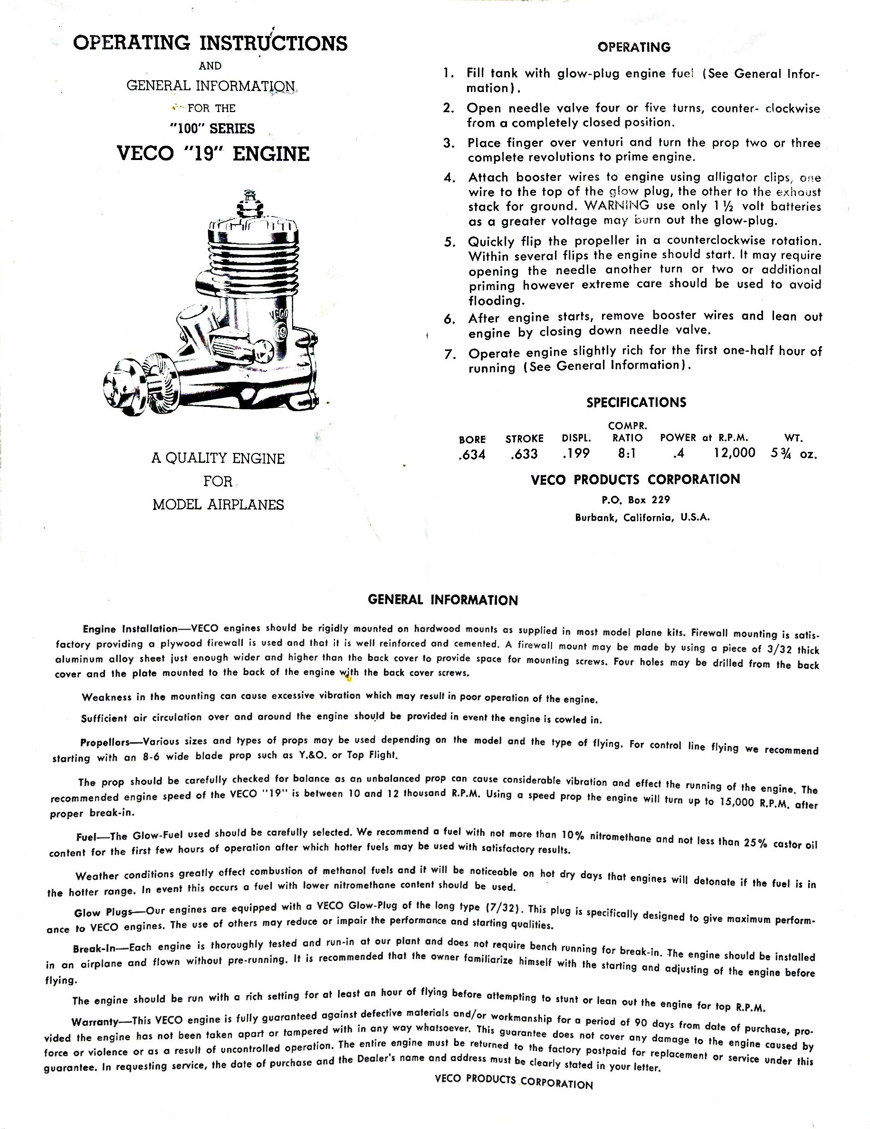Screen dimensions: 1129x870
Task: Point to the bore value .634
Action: click(472, 455)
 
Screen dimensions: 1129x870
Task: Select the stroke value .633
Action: click(524, 454)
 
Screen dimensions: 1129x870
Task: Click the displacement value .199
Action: click(576, 453)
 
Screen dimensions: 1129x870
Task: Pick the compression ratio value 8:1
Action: click(627, 453)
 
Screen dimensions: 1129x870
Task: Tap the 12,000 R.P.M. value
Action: click(734, 453)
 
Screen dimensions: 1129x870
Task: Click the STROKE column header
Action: click(524, 439)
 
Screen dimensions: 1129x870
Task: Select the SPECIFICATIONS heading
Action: click(636, 403)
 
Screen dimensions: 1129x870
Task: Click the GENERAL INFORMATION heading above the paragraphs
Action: click(442, 600)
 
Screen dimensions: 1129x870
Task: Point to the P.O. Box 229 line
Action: click(636, 500)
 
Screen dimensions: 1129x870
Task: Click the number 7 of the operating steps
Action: click(449, 355)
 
